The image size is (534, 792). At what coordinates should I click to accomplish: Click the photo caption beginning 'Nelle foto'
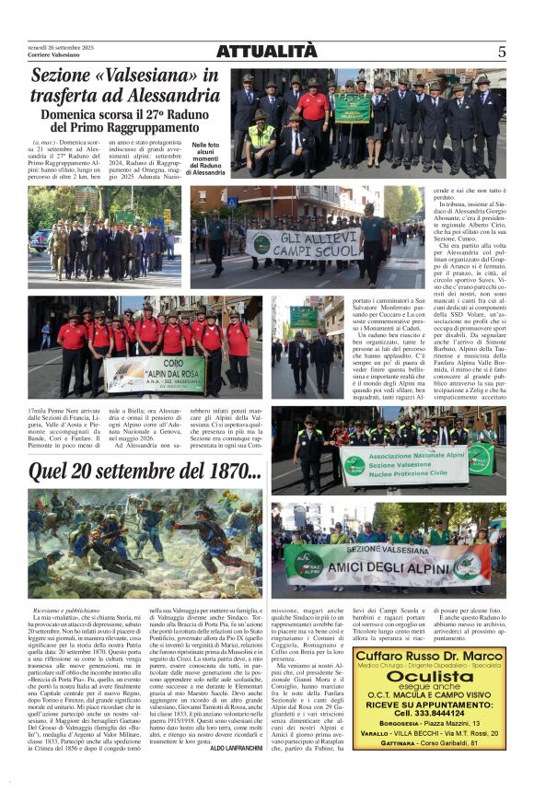click(208, 158)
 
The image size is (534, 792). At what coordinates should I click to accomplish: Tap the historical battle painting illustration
click(132, 542)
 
